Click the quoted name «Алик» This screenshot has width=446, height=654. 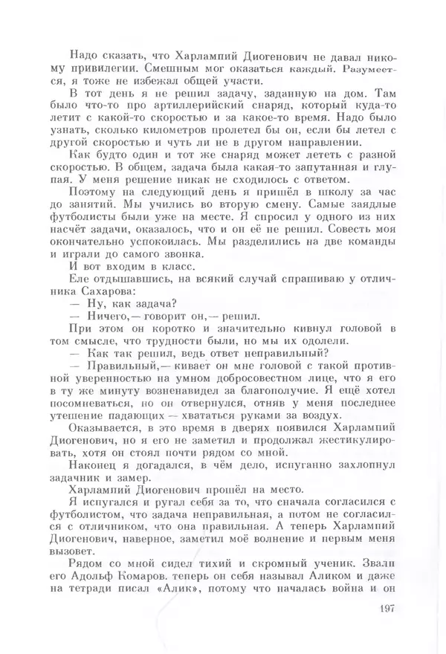click(170, 591)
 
